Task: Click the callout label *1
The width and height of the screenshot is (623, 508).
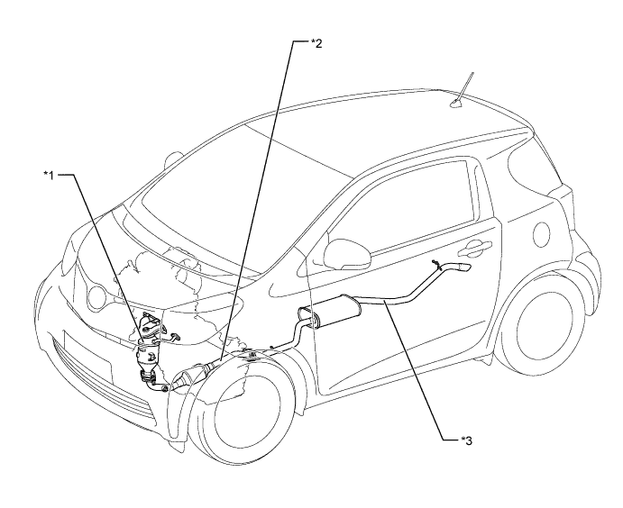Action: tap(50, 175)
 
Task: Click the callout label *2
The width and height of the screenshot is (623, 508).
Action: tap(316, 43)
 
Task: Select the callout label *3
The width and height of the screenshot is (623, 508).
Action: tap(466, 440)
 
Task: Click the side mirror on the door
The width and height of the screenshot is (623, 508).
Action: tap(347, 254)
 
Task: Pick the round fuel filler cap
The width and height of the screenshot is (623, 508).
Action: tap(542, 234)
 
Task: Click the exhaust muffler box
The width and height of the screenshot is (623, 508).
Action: tap(331, 311)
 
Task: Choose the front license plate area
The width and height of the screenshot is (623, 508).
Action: tap(87, 358)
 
